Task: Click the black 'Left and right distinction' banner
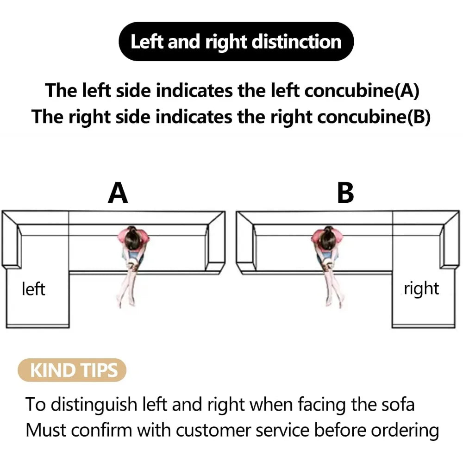click(x=236, y=41)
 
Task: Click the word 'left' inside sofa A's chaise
click(x=33, y=289)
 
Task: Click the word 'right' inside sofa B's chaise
click(x=421, y=289)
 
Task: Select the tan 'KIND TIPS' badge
click(x=72, y=370)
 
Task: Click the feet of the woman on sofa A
click(x=126, y=301)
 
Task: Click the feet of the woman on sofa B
click(x=335, y=302)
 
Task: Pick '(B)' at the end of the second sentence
click(x=419, y=117)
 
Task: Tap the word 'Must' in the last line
click(x=46, y=430)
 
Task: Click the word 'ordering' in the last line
click(x=405, y=431)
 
